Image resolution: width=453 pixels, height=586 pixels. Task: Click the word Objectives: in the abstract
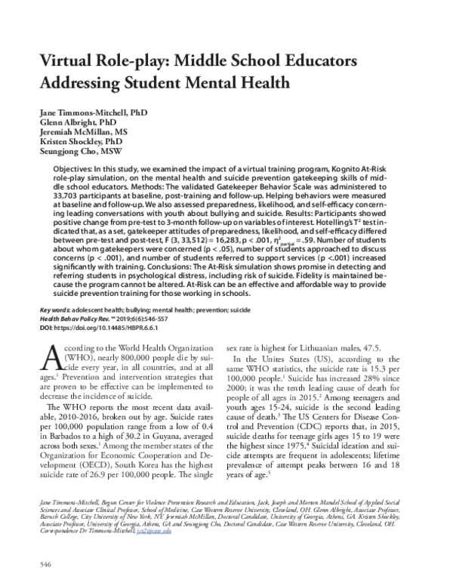(75, 164)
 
